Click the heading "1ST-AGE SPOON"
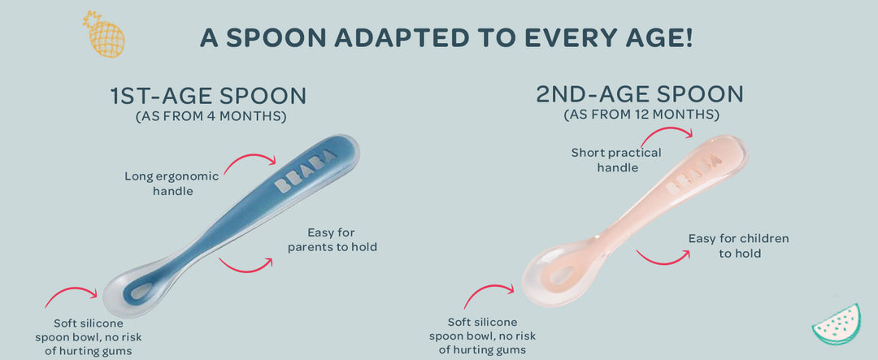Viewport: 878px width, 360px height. [208, 96]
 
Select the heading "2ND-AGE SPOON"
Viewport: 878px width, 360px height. [640, 94]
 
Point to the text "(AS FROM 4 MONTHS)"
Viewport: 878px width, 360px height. [211, 117]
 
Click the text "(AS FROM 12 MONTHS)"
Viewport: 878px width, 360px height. [641, 115]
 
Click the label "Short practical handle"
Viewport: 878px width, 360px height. [616, 159]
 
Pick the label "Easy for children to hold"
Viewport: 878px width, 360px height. [738, 245]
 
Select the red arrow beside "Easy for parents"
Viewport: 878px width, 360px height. [246, 262]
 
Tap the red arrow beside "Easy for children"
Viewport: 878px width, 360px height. [663, 256]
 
